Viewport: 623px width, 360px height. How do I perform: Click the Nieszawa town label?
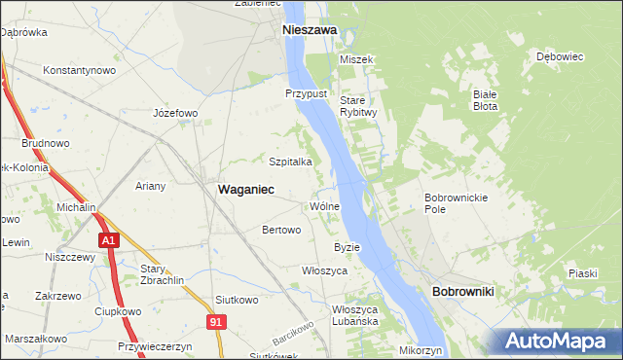click(309, 30)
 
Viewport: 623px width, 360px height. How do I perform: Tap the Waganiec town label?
click(245, 190)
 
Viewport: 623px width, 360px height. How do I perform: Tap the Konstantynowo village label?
click(80, 70)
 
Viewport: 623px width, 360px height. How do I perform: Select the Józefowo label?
click(175, 113)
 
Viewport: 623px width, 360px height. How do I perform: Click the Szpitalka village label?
click(290, 162)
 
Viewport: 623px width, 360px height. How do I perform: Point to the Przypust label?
click(304, 93)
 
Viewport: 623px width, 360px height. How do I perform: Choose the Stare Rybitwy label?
click(358, 106)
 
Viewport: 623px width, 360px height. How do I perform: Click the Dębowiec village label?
click(559, 56)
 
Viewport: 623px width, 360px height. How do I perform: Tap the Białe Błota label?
click(485, 102)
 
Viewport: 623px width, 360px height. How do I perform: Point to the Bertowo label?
click(281, 231)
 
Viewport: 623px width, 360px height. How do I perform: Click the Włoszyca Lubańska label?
click(354, 315)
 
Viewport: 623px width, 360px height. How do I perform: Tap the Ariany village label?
click(151, 186)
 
